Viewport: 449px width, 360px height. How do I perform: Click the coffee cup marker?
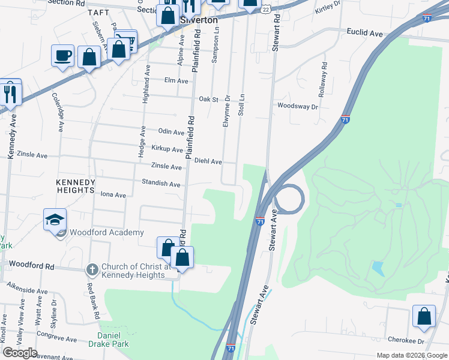63,56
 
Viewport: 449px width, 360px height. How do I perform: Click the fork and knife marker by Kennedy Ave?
10,93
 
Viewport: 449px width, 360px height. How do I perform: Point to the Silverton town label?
199,20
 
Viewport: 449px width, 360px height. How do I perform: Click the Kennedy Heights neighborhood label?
75,186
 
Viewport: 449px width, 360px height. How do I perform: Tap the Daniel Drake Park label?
114,340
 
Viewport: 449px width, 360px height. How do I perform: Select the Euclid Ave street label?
364,34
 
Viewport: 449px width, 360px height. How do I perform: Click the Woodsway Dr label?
297,106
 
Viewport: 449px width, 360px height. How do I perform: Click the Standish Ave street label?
161,184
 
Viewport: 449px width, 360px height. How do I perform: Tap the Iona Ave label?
113,194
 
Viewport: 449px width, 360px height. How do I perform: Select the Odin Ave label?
171,132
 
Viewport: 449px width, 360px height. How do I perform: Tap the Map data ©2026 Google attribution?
411,355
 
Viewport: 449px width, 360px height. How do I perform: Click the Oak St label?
208,99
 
